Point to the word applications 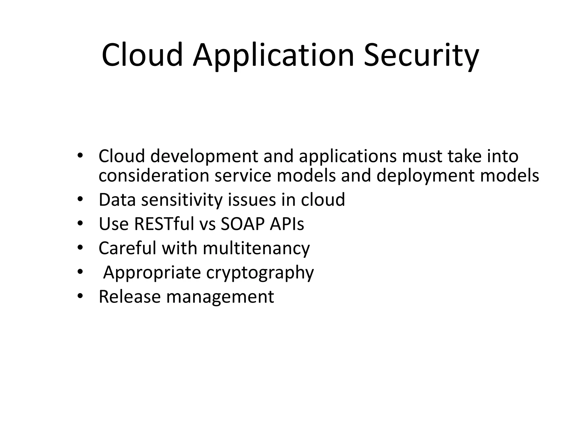[x=348, y=156]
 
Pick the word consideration [x=154, y=176]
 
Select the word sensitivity [x=182, y=200]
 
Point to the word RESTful [x=164, y=224]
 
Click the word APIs [x=287, y=224]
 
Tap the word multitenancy [x=256, y=248]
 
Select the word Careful [x=127, y=248]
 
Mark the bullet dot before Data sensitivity [x=80, y=200]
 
